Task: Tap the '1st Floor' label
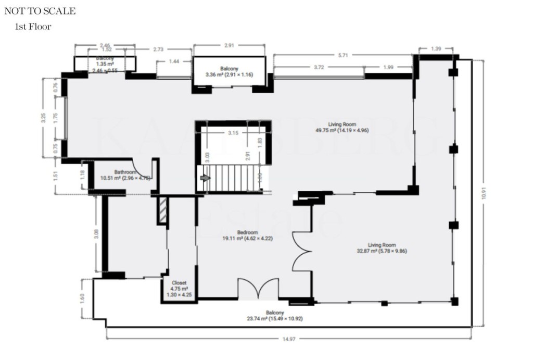(34, 27)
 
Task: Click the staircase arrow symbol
(205, 178)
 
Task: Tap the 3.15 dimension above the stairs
(233, 133)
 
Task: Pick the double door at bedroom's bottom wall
(258, 289)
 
